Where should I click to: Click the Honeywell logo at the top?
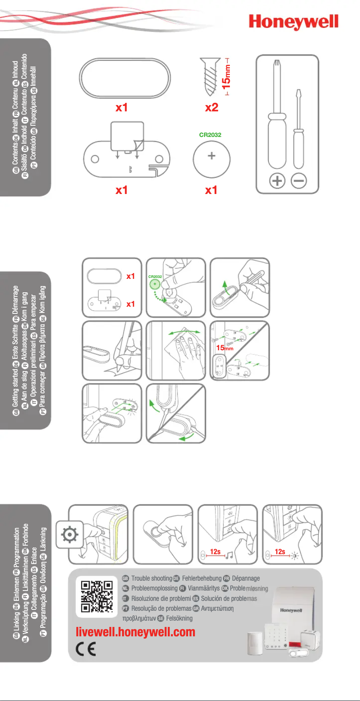point(294,22)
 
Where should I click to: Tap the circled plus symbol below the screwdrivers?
point(277,181)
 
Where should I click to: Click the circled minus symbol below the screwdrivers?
point(299,181)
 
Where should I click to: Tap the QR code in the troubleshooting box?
point(96,596)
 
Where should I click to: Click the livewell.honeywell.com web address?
point(136,632)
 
